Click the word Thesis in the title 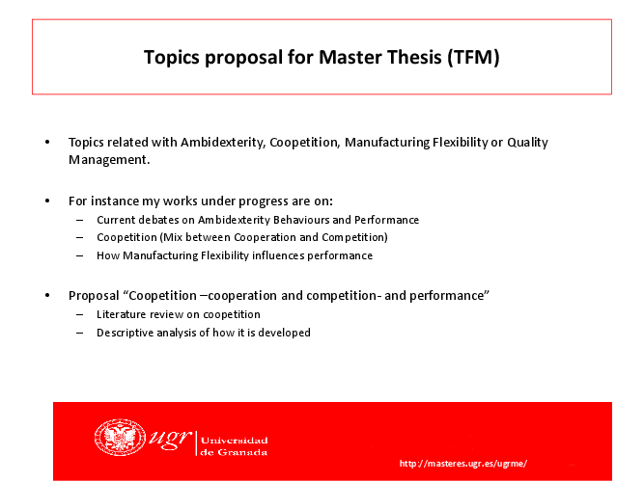point(414,57)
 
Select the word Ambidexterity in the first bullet point(223,143)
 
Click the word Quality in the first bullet point(527,143)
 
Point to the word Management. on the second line point(109,160)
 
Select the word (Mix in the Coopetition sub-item point(171,237)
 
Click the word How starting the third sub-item point(108,255)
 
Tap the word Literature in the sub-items point(121,314)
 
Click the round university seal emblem point(120,438)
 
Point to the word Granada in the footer point(242,452)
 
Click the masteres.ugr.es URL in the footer point(462,464)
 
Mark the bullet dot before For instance point(47,201)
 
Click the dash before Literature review point(80,315)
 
